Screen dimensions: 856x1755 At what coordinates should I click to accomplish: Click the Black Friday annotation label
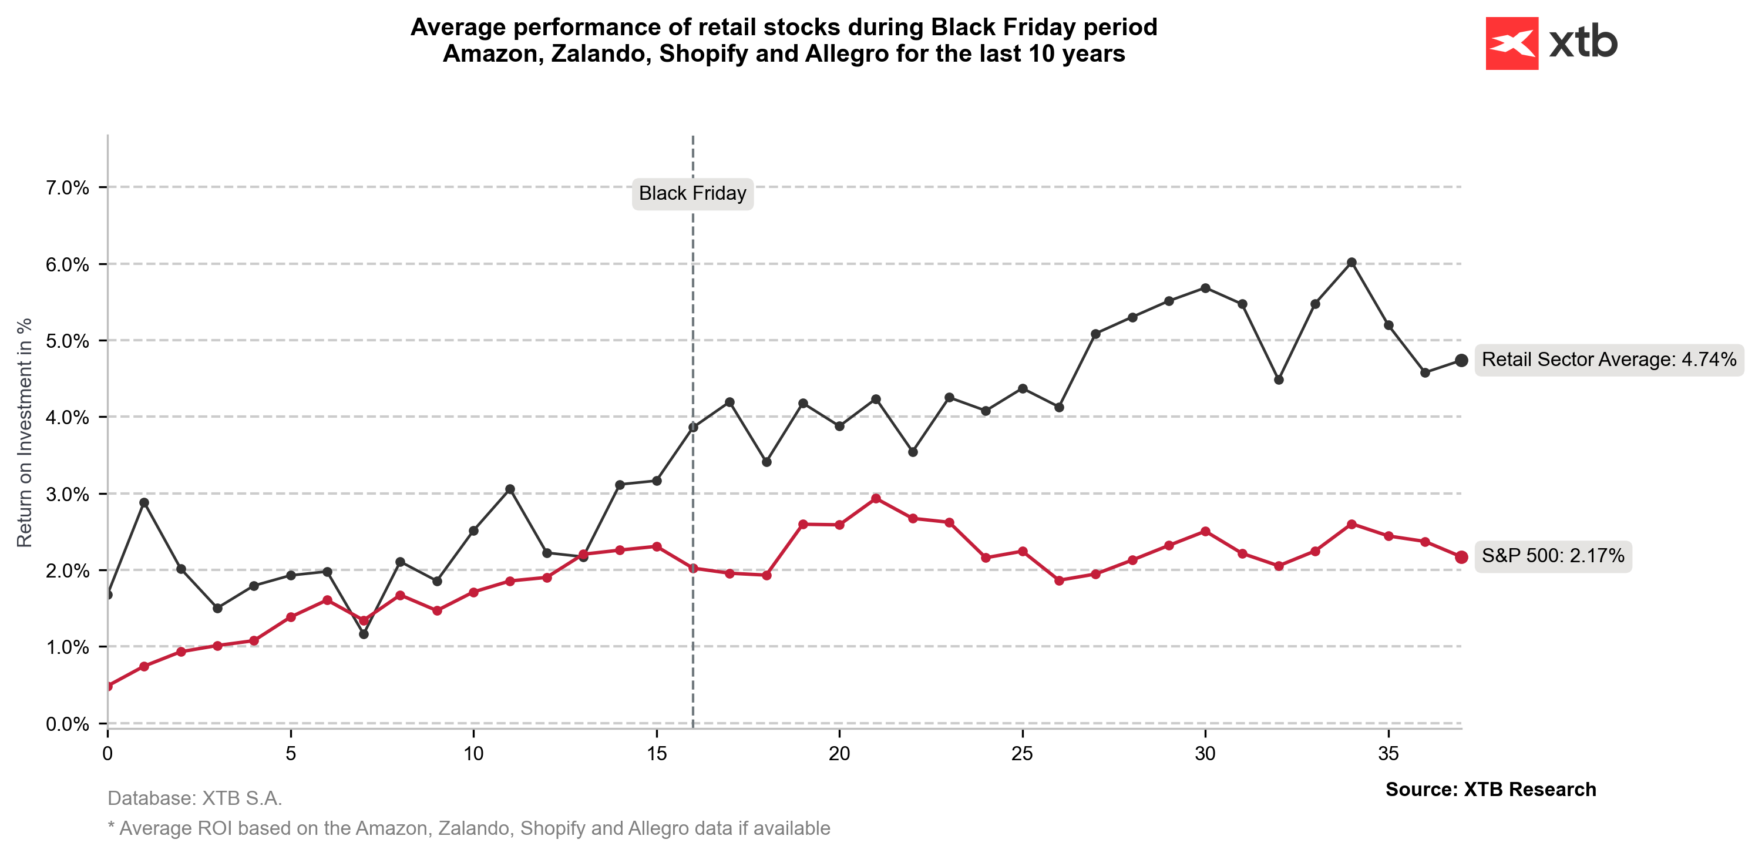pos(692,193)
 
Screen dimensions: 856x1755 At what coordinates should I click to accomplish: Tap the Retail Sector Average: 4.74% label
pos(1609,360)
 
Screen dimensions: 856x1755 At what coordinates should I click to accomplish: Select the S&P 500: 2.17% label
pos(1552,556)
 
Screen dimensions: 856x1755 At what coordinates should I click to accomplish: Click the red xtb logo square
pos(1511,43)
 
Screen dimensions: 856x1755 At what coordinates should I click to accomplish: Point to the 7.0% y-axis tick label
pos(67,187)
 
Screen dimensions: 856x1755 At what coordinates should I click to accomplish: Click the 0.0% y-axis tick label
pos(67,724)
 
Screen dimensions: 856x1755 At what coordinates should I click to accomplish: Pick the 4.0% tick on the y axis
pos(67,417)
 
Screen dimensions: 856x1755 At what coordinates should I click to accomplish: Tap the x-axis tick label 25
pos(1022,754)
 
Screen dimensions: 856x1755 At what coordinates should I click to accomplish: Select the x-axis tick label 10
pos(473,754)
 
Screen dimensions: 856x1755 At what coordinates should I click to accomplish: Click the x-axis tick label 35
pos(1388,754)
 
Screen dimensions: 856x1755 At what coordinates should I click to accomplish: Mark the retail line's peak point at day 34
pos(1351,263)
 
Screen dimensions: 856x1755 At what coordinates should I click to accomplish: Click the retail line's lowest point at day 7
pos(364,634)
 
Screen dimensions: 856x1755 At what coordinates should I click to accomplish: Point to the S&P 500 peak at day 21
pos(876,498)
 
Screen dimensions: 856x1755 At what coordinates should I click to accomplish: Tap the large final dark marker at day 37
pos(1461,360)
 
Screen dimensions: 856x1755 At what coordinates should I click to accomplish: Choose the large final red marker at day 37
pos(1461,557)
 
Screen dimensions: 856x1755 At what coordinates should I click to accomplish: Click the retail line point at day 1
pos(144,502)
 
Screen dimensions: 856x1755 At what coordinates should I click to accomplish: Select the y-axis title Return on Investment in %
pos(25,433)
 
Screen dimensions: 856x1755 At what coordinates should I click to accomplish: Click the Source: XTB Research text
pos(1491,789)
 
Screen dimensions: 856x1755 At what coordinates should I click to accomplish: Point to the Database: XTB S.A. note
pos(195,798)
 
